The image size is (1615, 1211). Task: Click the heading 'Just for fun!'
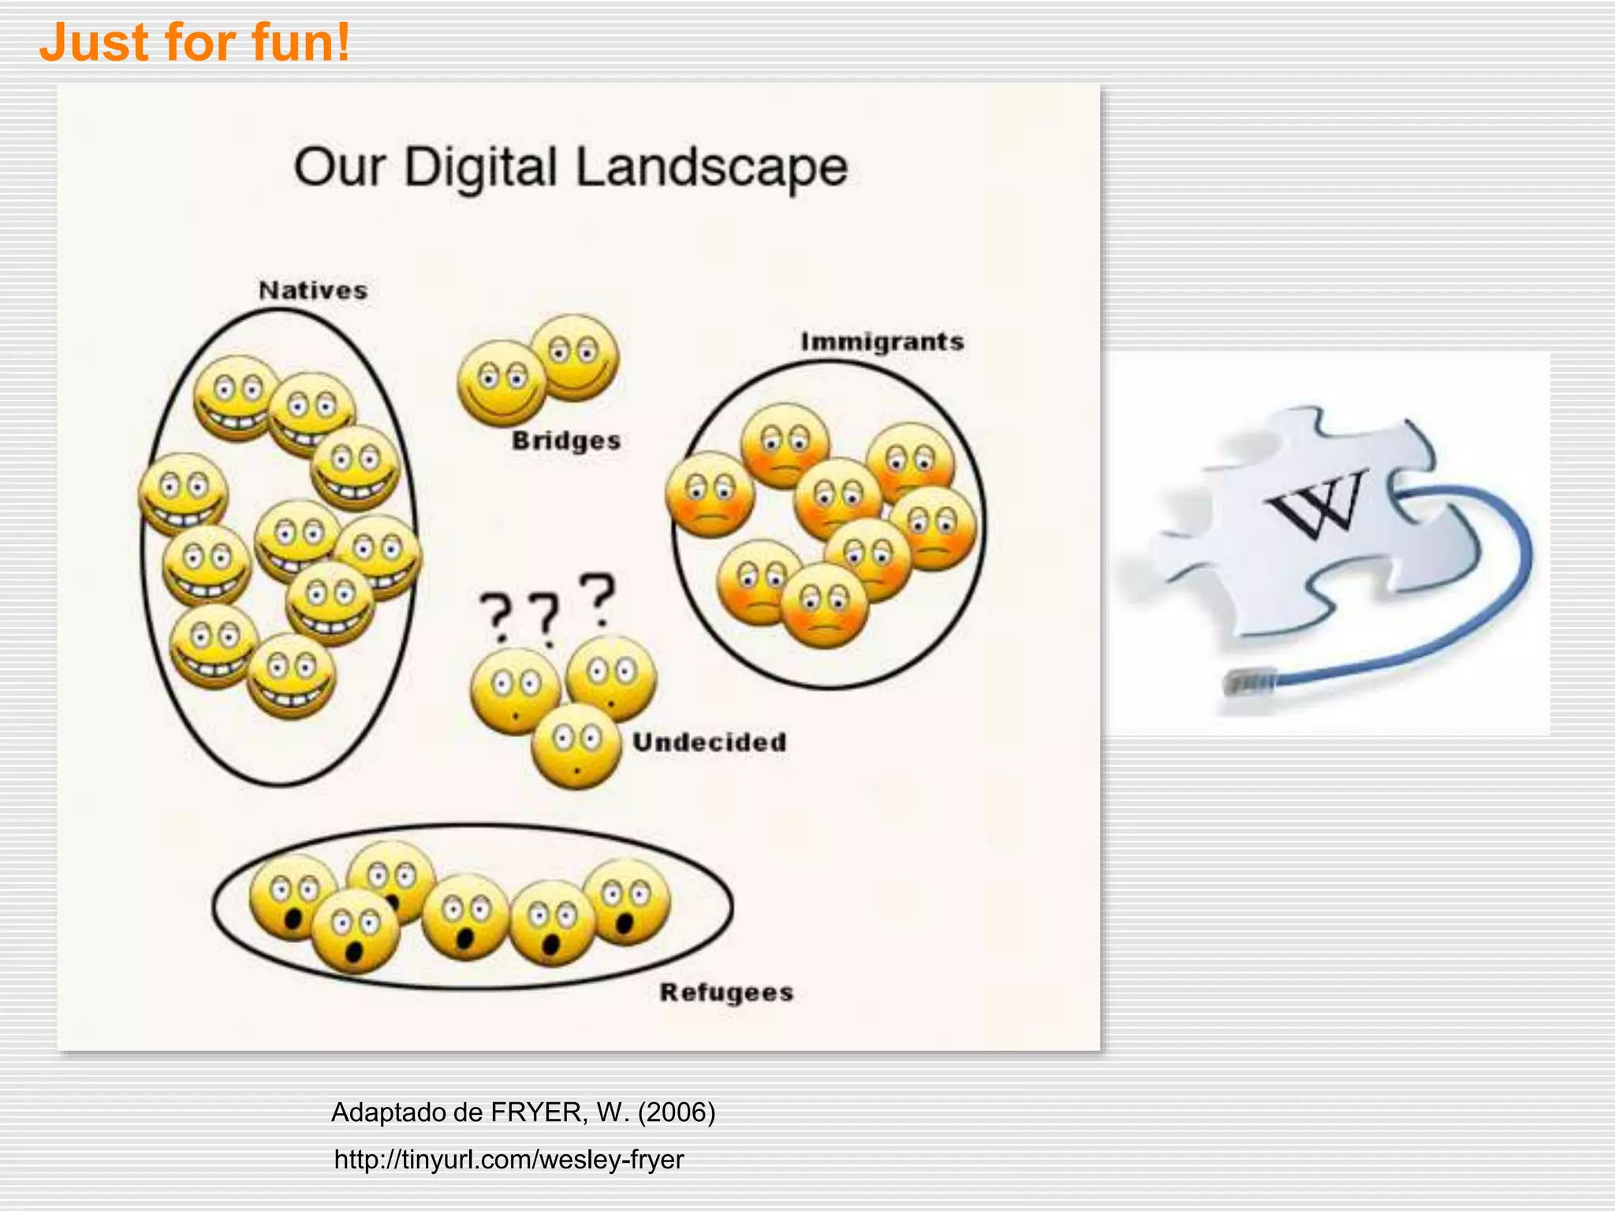pyautogui.click(x=195, y=43)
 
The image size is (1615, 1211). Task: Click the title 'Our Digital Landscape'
pyautogui.click(x=570, y=167)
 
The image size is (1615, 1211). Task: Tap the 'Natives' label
pyautogui.click(x=313, y=290)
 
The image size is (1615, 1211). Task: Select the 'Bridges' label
pyautogui.click(x=566, y=440)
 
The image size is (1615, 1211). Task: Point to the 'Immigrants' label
pyautogui.click(x=882, y=341)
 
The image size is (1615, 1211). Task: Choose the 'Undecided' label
pyautogui.click(x=710, y=742)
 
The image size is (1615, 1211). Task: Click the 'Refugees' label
pyautogui.click(x=726, y=992)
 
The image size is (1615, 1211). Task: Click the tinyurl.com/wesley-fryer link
pyautogui.click(x=509, y=1159)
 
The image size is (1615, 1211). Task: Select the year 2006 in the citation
pyautogui.click(x=676, y=1112)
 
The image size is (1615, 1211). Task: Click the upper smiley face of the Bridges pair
pyautogui.click(x=575, y=357)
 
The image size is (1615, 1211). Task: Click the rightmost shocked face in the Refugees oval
pyautogui.click(x=628, y=902)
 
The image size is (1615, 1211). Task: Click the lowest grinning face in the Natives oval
pyautogui.click(x=291, y=676)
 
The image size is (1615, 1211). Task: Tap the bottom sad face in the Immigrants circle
pyautogui.click(x=824, y=605)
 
